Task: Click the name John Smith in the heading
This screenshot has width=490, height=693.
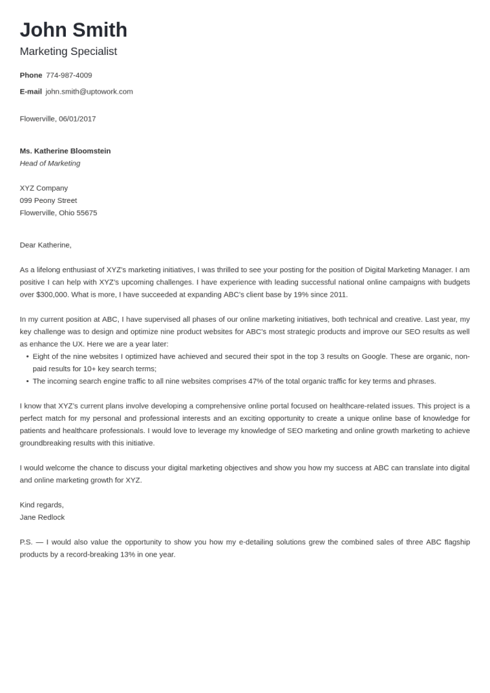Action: click(x=73, y=31)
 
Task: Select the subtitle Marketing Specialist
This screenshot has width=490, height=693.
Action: click(x=68, y=52)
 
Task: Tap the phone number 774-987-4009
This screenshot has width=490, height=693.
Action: click(x=69, y=75)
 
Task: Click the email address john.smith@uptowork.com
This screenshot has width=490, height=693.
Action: click(x=89, y=92)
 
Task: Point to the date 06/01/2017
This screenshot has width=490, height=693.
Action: click(x=77, y=119)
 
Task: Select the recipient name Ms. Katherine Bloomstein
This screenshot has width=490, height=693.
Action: click(x=65, y=151)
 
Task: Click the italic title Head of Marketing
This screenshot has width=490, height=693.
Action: click(x=50, y=164)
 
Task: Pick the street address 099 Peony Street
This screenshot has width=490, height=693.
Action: click(x=48, y=200)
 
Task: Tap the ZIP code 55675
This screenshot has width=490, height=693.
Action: click(x=87, y=213)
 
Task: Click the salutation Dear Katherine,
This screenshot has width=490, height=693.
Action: click(x=45, y=245)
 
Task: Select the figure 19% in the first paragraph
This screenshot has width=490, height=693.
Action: click(x=301, y=295)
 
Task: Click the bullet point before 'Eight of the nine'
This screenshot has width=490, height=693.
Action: click(x=27, y=356)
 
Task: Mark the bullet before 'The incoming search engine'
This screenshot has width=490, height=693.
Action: click(x=27, y=381)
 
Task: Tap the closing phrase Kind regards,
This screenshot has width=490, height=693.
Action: click(x=41, y=505)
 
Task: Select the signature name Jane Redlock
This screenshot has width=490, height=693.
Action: click(x=42, y=517)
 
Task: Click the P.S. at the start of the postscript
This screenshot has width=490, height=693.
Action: click(x=26, y=542)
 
